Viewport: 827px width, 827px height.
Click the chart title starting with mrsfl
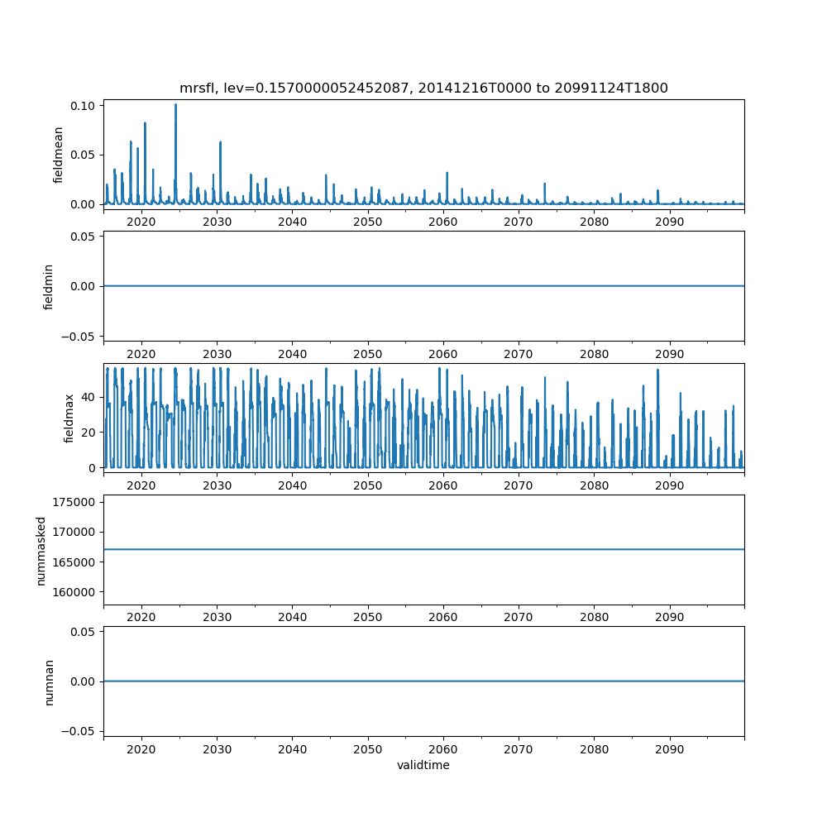[423, 88]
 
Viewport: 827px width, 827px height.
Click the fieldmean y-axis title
[59, 155]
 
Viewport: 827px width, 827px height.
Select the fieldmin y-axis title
[49, 286]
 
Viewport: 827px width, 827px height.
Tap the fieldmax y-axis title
[69, 418]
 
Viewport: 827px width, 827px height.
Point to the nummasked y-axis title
[41, 549]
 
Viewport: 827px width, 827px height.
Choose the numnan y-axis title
[49, 681]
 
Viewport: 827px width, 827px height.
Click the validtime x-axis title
[423, 765]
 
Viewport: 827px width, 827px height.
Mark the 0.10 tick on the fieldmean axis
[85, 106]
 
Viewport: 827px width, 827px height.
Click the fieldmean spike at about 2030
[220, 143]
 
